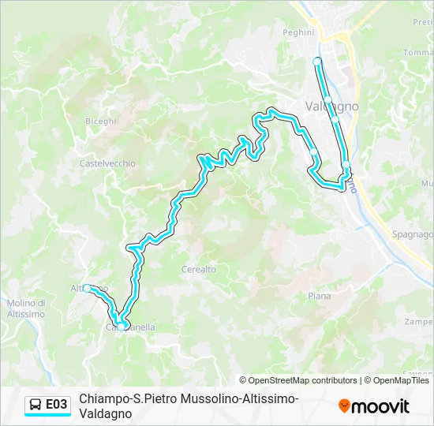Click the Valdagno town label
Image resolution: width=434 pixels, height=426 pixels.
(x=331, y=106)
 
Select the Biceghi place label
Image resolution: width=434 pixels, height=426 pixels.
(x=101, y=121)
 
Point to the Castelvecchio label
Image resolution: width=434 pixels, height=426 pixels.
(x=107, y=163)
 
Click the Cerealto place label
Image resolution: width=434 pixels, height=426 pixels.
(x=198, y=269)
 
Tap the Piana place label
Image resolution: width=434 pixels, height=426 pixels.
(x=319, y=296)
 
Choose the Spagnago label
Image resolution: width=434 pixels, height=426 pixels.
(x=413, y=234)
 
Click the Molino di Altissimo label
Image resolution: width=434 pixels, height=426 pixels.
(x=25, y=308)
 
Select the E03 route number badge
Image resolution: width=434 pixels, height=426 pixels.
(x=56, y=405)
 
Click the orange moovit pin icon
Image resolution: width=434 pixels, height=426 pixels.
(x=344, y=405)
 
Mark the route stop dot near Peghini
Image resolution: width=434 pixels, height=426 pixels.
(x=317, y=61)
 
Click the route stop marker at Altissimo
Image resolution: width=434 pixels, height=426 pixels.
(x=88, y=289)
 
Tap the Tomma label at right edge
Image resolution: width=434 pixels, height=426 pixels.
(x=417, y=53)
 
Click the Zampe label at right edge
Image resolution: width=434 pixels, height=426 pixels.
(x=418, y=322)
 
